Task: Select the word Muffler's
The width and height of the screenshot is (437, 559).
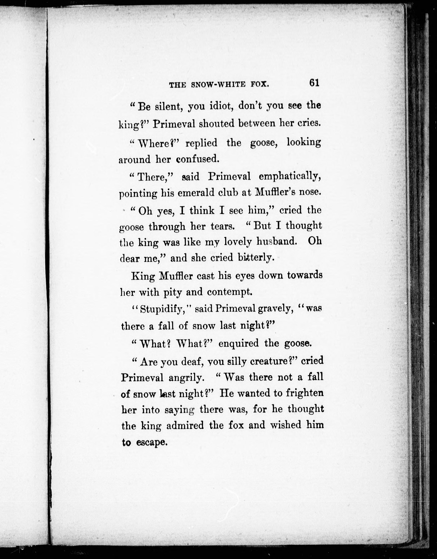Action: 274,193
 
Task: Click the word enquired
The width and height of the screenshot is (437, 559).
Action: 238,343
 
